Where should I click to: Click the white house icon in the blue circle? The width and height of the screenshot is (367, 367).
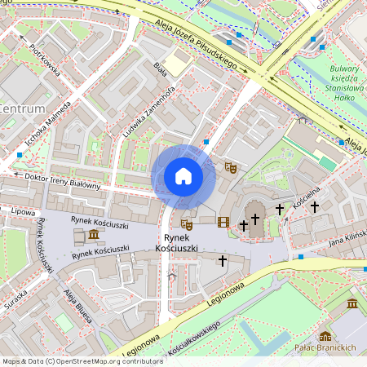(x=183, y=176)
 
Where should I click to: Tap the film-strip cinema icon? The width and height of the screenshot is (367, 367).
(x=223, y=221)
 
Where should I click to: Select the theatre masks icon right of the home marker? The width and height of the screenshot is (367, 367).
(x=231, y=167)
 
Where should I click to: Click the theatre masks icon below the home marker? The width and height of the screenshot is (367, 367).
(x=186, y=223)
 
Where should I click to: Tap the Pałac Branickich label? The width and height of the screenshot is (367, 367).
(x=325, y=348)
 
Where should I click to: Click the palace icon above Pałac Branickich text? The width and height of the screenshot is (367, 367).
(x=325, y=335)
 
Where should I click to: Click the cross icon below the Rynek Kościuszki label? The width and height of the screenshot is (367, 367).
(x=223, y=260)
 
